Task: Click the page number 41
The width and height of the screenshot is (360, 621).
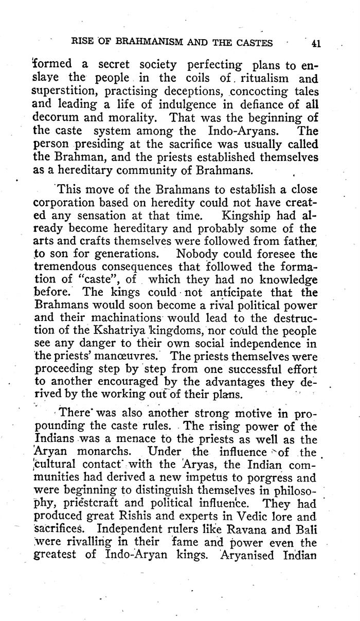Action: pos(316,43)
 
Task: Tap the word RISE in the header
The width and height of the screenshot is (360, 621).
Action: pos(84,43)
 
